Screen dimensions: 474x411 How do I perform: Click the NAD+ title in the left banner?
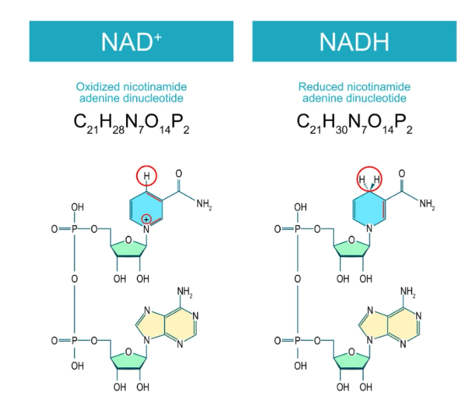[131, 42]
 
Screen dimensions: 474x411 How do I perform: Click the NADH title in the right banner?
[355, 42]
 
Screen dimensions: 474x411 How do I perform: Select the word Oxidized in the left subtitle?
[98, 87]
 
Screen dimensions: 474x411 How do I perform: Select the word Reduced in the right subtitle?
[321, 87]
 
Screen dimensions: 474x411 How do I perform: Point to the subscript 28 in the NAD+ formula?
[118, 130]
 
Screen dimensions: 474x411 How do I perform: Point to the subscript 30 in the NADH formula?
[342, 130]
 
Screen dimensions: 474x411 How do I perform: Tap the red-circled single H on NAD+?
[147, 176]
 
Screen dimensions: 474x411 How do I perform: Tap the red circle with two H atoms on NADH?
[369, 179]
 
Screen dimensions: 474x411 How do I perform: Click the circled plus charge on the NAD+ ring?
[146, 219]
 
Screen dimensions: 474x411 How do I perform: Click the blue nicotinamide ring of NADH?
[369, 208]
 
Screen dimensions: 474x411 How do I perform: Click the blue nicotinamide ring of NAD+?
[146, 208]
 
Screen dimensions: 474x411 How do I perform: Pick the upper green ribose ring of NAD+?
[129, 248]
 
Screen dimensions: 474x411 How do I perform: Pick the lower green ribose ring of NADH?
[352, 360]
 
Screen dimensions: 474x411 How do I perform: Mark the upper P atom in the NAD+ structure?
[74, 229]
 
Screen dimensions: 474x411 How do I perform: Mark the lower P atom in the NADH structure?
[297, 341]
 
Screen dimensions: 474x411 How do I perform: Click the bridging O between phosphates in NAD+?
[74, 278]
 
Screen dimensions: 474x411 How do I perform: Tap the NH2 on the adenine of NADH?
[408, 292]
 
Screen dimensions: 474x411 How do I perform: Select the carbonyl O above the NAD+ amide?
[179, 173]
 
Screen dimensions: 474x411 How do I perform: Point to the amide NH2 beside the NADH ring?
[427, 204]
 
